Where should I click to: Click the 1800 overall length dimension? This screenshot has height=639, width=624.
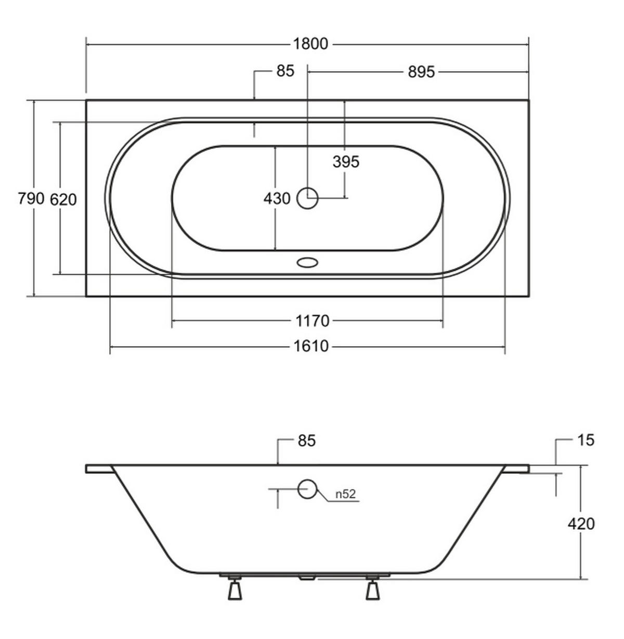[310, 44]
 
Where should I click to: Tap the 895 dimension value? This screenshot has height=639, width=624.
[421, 72]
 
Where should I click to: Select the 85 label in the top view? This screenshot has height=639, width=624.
[285, 71]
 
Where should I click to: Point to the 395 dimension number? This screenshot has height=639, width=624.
[346, 162]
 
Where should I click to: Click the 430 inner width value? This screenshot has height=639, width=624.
[277, 199]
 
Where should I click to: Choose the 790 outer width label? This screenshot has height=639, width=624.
[31, 199]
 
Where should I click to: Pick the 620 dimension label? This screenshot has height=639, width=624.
[63, 200]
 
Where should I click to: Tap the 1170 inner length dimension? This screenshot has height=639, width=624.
[313, 321]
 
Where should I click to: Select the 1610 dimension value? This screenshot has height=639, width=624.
[310, 346]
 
